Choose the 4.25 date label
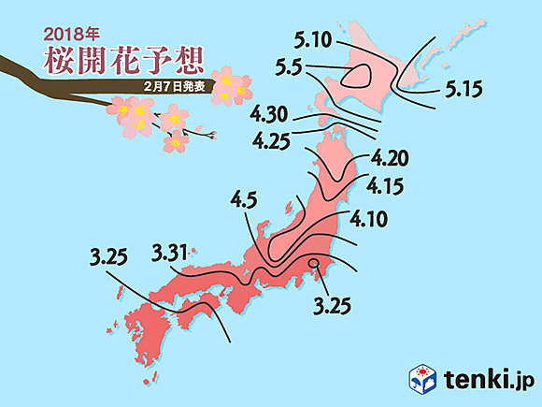[274, 141]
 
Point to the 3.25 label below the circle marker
[332, 304]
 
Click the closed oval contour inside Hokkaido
[358, 77]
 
